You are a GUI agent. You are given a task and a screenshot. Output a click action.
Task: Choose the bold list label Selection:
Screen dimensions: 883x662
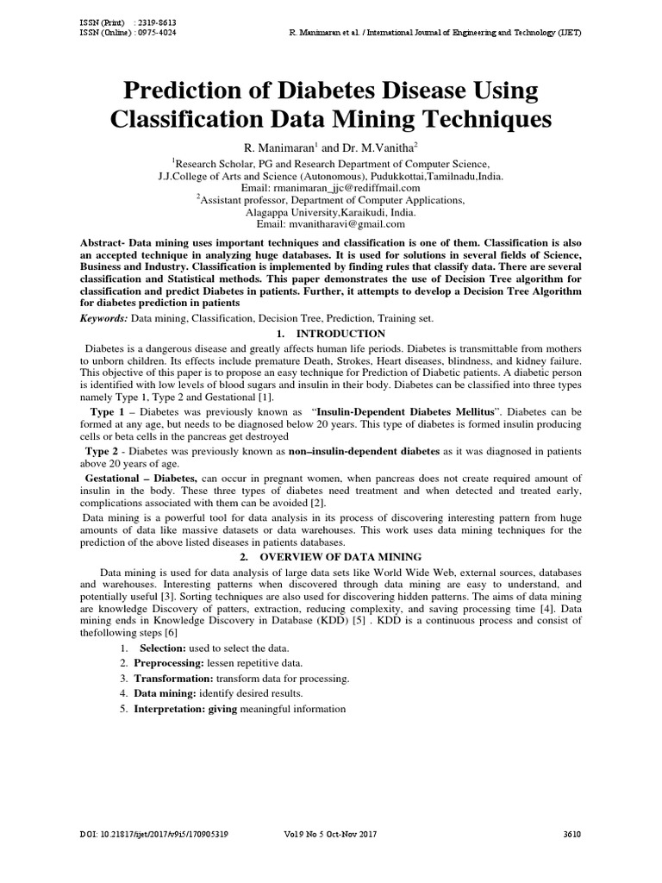point(163,647)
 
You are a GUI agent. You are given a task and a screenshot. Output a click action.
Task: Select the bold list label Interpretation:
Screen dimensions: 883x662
point(169,709)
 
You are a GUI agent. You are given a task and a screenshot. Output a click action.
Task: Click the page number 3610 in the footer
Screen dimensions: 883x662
point(572,835)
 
